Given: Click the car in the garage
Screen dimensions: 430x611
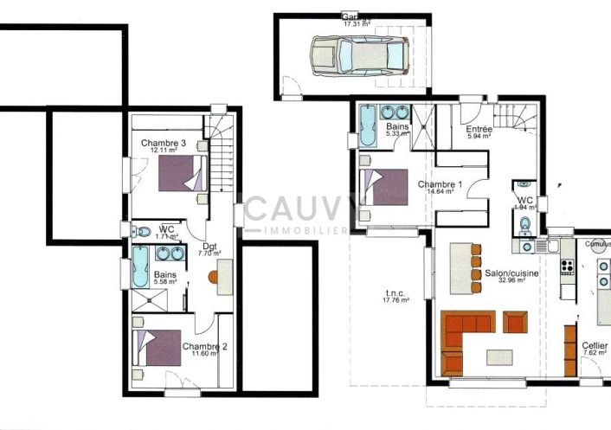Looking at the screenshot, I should click(354, 55).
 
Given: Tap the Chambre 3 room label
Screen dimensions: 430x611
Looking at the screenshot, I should click(164, 143).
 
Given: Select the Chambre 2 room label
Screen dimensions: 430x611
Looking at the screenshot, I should click(205, 347).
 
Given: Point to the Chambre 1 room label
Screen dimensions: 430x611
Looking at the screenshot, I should click(440, 184).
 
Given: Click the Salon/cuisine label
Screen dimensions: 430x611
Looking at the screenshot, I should click(510, 273).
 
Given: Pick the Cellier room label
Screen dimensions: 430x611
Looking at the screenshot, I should click(594, 344).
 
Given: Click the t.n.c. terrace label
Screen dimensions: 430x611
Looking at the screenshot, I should click(397, 292).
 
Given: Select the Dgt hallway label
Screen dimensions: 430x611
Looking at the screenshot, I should click(210, 246).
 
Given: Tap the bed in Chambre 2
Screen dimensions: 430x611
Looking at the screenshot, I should click(157, 348).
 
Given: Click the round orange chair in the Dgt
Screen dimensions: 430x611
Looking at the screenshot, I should click(211, 279).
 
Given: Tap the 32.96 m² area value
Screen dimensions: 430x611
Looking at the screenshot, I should click(510, 282).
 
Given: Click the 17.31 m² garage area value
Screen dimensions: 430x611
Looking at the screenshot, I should click(356, 25).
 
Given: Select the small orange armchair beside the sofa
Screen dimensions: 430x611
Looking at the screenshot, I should click(515, 324).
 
